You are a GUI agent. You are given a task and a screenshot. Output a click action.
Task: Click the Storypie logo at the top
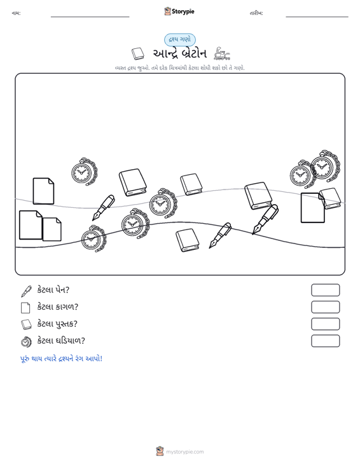coord(179,11)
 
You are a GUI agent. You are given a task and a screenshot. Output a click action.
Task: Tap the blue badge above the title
coord(180,40)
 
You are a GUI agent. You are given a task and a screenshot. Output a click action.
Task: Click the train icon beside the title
coord(222,53)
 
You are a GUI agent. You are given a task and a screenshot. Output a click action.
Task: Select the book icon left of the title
coord(138,54)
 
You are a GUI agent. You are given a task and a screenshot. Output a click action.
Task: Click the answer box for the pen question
coord(325,290)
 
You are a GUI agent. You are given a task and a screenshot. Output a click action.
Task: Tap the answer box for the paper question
coord(325,307)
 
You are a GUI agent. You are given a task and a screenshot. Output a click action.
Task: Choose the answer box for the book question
coord(325,324)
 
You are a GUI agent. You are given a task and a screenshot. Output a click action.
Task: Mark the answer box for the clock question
coord(325,341)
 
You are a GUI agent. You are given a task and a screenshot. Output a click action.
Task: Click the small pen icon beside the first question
coord(26,291)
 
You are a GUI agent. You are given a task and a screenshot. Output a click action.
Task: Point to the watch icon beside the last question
coord(26,341)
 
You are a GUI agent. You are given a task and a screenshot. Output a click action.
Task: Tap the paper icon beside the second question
coord(25,308)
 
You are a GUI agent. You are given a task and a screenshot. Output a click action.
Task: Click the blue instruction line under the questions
coord(61,359)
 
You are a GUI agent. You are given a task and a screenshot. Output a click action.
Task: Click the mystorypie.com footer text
coord(185,452)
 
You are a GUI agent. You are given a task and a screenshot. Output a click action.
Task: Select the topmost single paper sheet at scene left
coord(43,191)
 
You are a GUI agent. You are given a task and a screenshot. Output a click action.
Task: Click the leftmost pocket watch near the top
coord(84,172)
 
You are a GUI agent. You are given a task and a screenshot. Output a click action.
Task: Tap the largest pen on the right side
coord(265,219)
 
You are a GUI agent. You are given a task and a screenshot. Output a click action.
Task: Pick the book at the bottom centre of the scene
coord(187,240)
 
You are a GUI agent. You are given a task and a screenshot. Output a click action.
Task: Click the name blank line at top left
coord(90,17)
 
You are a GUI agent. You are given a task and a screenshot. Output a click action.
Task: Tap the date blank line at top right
coord(317,17)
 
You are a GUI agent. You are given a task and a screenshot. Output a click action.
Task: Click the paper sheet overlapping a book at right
coord(313,208)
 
